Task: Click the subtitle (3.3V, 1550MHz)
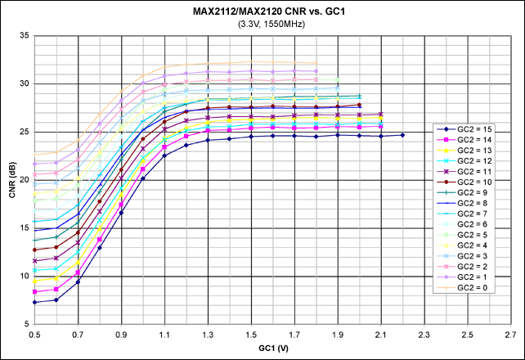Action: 262,24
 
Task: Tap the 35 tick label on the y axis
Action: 24,36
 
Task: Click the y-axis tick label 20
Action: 24,180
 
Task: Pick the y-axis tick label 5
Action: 26,324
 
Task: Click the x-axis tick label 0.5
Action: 35,335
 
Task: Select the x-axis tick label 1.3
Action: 208,335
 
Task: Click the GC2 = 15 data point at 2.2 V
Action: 402,135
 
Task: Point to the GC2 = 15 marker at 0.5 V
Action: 35,303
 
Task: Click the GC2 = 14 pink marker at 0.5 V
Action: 35,292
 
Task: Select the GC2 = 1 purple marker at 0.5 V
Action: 35,163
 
